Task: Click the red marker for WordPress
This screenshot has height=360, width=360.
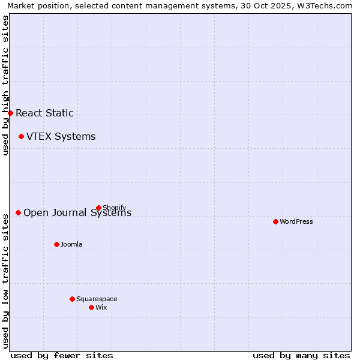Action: tap(275, 221)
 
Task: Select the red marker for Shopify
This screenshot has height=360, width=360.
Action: tap(98, 208)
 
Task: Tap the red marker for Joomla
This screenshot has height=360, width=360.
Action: tap(56, 244)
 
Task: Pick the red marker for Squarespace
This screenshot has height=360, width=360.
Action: tap(72, 299)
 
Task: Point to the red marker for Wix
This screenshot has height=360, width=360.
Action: tap(91, 307)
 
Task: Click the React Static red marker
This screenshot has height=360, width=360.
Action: tap(10, 113)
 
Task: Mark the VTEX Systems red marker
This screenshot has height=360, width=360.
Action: tap(21, 136)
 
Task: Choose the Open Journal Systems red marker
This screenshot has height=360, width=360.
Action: tap(18, 212)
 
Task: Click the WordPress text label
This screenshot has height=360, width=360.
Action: tap(296, 221)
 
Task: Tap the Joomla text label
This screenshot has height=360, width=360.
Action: tap(71, 244)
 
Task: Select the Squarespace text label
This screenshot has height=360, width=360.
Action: tap(97, 299)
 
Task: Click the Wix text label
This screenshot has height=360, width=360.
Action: tap(101, 307)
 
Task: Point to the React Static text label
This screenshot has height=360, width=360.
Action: tap(44, 113)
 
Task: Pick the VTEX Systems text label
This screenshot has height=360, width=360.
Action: tap(61, 136)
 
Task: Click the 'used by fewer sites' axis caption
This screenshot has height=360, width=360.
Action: tap(62, 355)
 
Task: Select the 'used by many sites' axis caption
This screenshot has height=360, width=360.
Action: tap(301, 355)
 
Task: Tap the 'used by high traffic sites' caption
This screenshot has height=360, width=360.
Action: tap(5, 85)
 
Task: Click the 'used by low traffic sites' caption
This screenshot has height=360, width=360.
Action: tap(5, 280)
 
